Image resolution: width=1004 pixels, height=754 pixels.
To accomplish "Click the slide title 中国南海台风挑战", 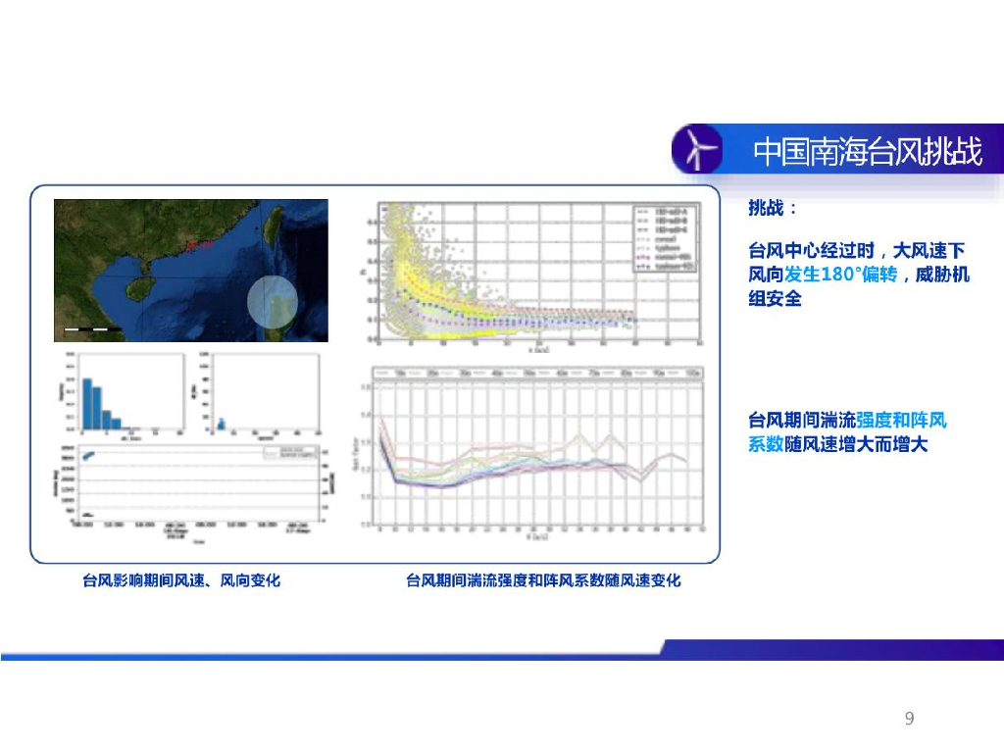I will tap(867, 152).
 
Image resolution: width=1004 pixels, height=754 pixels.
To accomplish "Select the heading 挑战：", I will tap(773, 208).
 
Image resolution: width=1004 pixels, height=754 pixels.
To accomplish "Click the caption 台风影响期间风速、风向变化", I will tap(181, 580).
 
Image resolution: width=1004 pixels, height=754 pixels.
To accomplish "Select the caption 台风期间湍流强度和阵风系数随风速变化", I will tap(543, 580).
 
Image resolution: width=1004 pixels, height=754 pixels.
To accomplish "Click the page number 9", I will tap(909, 720).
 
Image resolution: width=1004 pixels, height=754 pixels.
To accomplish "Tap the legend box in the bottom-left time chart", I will tap(283, 453).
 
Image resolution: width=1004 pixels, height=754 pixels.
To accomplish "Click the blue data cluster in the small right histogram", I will tap(222, 424).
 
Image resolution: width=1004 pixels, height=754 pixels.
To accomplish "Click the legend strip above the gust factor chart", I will tap(540, 373).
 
